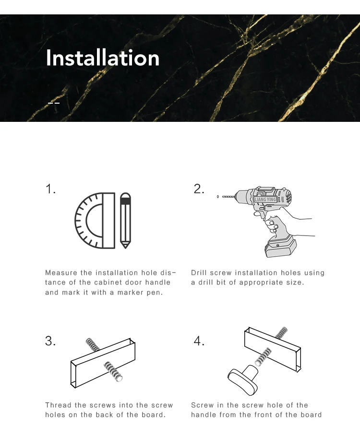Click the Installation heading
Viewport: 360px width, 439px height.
(x=103, y=58)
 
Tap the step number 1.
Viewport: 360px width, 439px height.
(x=50, y=189)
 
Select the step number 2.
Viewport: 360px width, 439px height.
(x=199, y=189)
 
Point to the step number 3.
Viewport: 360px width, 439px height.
(x=50, y=341)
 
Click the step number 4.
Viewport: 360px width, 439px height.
(x=199, y=341)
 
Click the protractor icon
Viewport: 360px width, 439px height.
(x=95, y=221)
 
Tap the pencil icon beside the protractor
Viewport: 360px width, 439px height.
(x=125, y=220)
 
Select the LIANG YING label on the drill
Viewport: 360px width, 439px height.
(x=265, y=199)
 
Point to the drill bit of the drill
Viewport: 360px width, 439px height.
(x=228, y=197)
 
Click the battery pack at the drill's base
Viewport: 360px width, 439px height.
(x=281, y=247)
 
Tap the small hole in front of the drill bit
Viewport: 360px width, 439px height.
(x=218, y=197)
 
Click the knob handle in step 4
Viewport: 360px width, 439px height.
(x=243, y=380)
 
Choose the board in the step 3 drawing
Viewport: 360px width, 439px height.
(x=103, y=363)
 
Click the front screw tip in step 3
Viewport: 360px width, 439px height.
(x=119, y=379)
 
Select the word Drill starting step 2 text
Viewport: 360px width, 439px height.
(x=199, y=273)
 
